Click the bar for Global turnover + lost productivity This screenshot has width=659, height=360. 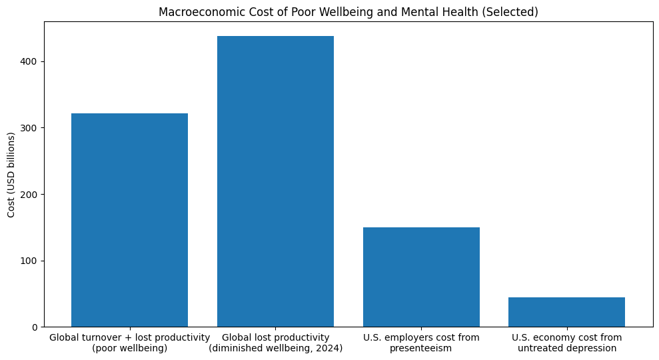[x=129, y=220]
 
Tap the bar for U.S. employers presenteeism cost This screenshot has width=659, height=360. [x=421, y=277]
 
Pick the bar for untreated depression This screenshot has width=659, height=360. [x=566, y=312]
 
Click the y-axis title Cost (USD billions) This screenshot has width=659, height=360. [x=11, y=175]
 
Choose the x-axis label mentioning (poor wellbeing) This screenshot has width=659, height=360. [x=129, y=348]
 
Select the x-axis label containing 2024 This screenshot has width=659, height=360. [x=275, y=348]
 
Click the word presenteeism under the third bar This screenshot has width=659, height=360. [x=421, y=348]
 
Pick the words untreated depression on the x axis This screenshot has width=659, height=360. [x=566, y=348]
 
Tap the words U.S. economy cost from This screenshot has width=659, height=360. [x=566, y=337]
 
